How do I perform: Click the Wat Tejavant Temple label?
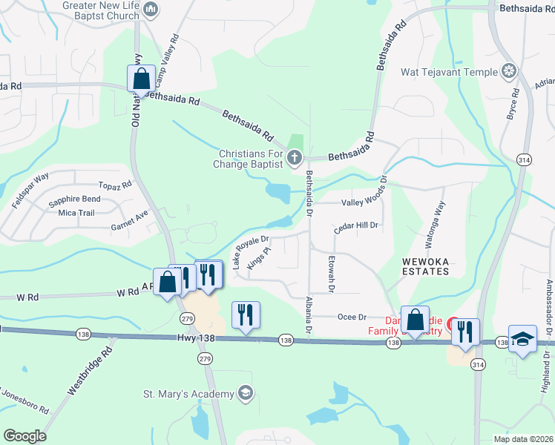[449, 72]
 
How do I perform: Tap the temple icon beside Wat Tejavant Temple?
[509, 72]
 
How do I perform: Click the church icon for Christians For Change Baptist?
[295, 157]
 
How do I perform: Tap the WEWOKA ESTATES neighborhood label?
[426, 266]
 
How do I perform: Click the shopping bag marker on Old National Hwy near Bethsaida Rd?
[140, 77]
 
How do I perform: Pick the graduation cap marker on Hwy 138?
[523, 340]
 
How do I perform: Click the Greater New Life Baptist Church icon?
[151, 10]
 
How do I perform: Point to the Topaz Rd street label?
[116, 185]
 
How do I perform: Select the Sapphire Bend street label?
[74, 200]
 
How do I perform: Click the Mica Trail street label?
[76, 213]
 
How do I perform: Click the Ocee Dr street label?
[352, 317]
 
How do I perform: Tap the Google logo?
[24, 436]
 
